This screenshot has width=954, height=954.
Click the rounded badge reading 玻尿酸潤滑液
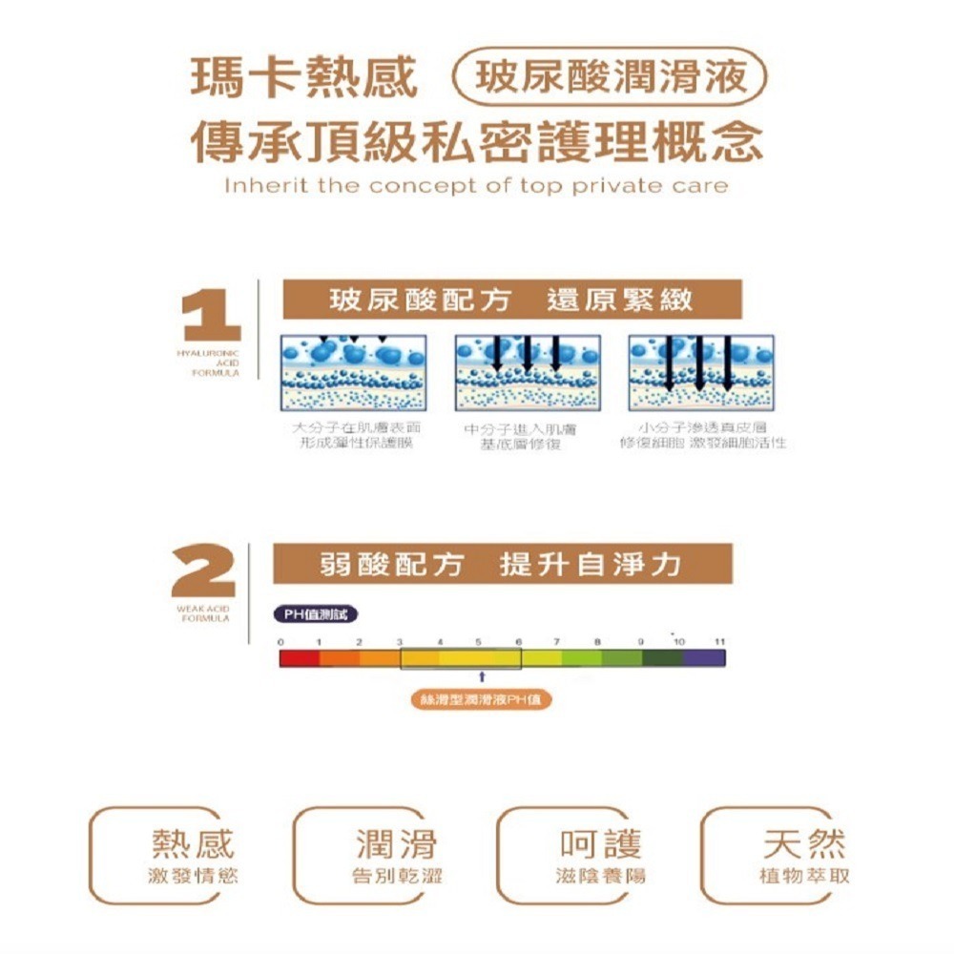[x=611, y=76]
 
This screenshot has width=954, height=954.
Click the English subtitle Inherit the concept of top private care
[x=476, y=185]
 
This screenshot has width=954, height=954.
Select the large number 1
[x=212, y=313]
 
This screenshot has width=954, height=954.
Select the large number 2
[x=204, y=570]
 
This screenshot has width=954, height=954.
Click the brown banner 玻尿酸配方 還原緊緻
[x=511, y=301]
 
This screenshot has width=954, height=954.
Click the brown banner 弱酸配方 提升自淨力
[x=502, y=564]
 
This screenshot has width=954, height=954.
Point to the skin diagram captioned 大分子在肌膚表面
[x=354, y=373]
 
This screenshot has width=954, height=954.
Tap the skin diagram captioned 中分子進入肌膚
[x=528, y=373]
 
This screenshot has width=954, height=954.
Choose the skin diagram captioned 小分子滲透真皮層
[x=701, y=373]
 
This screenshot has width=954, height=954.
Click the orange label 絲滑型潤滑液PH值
[x=482, y=700]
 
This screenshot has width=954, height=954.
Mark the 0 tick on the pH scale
[x=281, y=642]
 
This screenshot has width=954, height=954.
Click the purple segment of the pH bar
[x=704, y=657]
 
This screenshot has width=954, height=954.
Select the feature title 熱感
[x=192, y=843]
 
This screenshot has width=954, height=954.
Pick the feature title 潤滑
[x=396, y=843]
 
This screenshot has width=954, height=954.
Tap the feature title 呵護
[x=600, y=843]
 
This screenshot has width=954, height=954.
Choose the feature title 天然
[x=804, y=843]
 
